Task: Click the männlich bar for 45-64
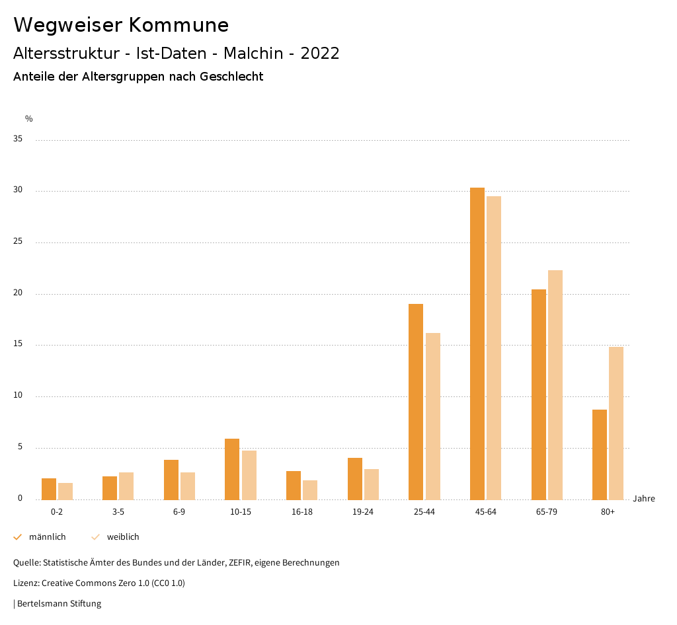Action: (x=477, y=344)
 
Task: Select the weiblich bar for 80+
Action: (x=616, y=423)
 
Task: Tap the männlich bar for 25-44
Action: (x=416, y=402)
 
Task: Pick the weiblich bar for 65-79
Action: (x=555, y=385)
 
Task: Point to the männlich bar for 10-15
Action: (x=232, y=469)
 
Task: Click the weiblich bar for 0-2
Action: (x=65, y=491)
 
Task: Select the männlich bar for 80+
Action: (x=600, y=455)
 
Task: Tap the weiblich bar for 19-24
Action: (x=372, y=484)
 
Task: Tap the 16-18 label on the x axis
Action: (x=301, y=512)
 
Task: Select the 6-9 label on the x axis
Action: (x=179, y=512)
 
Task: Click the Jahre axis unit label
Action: (x=644, y=499)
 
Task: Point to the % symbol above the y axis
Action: (x=29, y=119)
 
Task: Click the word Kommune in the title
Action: (x=179, y=25)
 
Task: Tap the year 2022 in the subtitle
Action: (x=320, y=54)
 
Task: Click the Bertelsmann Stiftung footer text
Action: (x=59, y=604)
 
